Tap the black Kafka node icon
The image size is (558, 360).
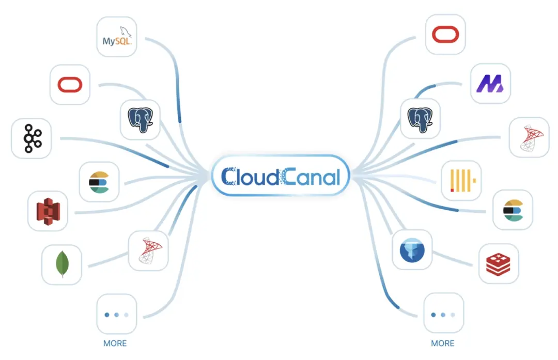[33, 138]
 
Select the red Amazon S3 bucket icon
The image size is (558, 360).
[49, 211]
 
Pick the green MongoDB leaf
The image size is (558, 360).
[63, 264]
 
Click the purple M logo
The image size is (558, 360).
[490, 84]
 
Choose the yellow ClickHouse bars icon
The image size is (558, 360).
[462, 180]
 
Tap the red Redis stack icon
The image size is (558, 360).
[498, 264]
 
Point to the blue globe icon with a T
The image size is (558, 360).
[412, 250]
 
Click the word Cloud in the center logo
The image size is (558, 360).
[250, 177]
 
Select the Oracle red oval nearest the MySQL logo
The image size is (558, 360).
[70, 85]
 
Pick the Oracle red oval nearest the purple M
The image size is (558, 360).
[445, 35]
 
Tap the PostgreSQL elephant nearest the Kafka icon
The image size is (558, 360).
[140, 120]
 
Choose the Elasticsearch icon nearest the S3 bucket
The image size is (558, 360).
[99, 182]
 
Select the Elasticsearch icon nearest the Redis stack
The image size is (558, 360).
[513, 210]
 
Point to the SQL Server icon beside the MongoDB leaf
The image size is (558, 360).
[150, 251]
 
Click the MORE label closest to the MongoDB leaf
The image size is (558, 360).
[115, 343]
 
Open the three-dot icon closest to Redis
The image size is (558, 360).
[443, 315]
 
